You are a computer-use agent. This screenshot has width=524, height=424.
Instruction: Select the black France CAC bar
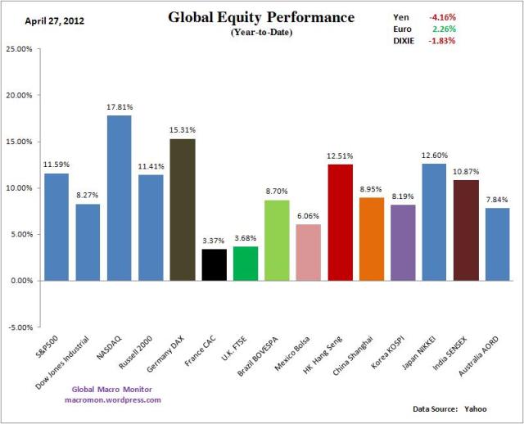(215, 264)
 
